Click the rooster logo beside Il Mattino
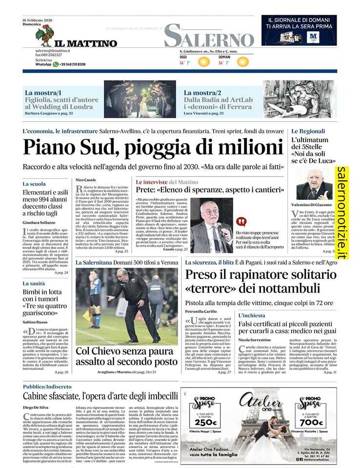tap(44, 36)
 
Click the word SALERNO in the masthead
tap(209, 37)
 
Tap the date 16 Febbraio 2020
tap(38, 19)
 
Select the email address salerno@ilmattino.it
tap(53, 51)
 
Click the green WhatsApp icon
tap(56, 64)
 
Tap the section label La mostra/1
tap(43, 92)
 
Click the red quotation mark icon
tap(241, 222)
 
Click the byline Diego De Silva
tap(37, 407)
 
